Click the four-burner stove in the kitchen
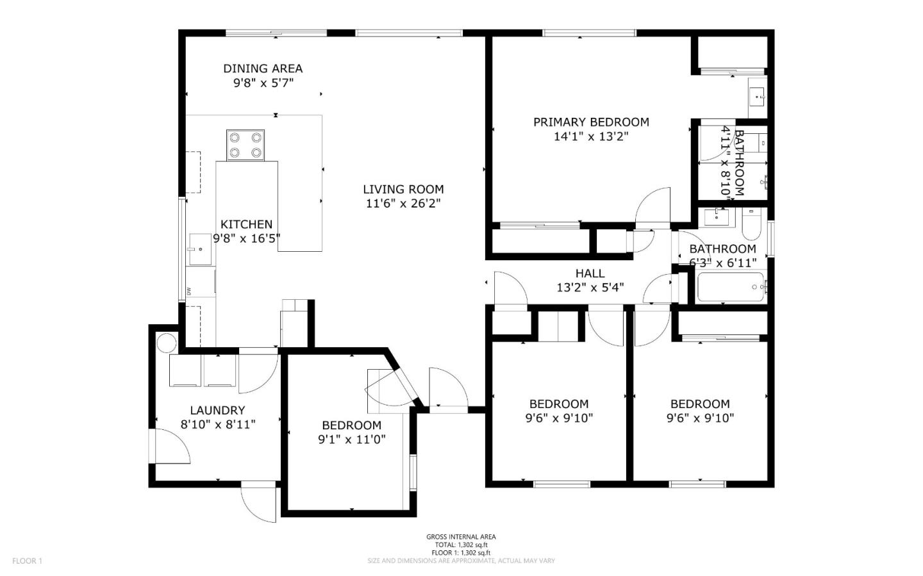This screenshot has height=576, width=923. tap(246, 144)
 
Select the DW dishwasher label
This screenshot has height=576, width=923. tap(189, 290)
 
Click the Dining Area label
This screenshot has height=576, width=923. tap(263, 69)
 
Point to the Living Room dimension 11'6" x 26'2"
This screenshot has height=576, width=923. tap(403, 204)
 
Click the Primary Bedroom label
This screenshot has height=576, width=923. tap(591, 122)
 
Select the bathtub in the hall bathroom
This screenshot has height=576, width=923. tap(730, 286)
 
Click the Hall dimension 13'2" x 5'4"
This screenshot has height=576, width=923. tap(590, 288)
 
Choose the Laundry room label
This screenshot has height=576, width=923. tap(217, 410)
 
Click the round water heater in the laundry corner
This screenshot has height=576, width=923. tap(166, 342)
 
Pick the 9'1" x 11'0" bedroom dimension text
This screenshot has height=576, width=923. tap(351, 440)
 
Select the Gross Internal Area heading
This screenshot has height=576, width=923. tap(461, 537)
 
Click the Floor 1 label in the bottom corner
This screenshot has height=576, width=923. tap(27, 561)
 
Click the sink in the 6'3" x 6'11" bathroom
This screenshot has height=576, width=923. tap(716, 217)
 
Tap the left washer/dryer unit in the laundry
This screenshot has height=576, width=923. tap(185, 372)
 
